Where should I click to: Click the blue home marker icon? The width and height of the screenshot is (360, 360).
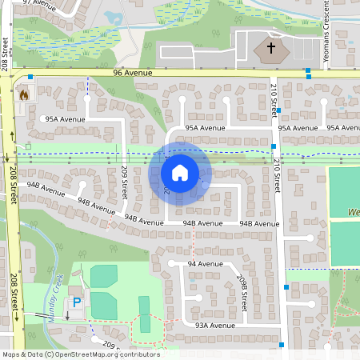[x=179, y=172]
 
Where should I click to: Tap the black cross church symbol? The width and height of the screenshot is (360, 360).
[x=271, y=49]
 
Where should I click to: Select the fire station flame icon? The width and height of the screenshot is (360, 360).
[x=23, y=94]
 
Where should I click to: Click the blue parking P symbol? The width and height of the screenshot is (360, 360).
[x=77, y=302]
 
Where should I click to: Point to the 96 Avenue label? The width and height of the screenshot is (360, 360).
[x=132, y=73]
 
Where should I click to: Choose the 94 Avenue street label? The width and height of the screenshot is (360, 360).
[x=205, y=263]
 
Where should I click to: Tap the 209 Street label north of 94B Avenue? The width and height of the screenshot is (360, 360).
[x=124, y=183]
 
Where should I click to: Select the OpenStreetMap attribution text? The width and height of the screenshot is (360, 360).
[x=80, y=354]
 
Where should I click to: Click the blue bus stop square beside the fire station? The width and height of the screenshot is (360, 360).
[x=30, y=78]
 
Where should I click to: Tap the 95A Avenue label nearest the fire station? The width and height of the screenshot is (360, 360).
[x=65, y=119]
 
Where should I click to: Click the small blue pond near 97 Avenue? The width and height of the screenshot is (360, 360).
[x=114, y=17]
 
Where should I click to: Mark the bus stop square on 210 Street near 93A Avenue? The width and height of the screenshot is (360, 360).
[x=282, y=345]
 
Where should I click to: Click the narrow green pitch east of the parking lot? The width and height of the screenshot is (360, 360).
[x=144, y=308]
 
